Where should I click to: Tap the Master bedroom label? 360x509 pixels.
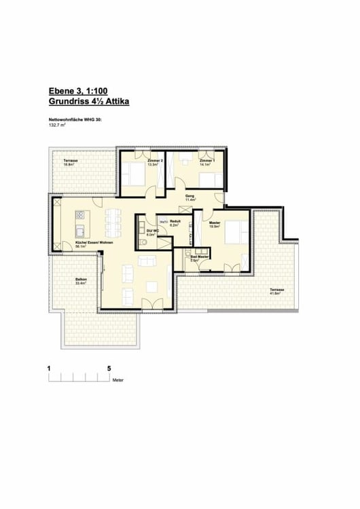tap(215, 225)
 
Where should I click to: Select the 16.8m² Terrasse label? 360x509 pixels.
tap(71, 162)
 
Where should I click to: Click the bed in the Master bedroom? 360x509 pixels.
tap(235, 233)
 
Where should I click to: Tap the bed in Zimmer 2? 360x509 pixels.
tap(134, 174)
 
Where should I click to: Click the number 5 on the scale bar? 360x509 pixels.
tap(109, 368)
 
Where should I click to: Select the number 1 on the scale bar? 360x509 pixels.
tap(49, 368)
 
